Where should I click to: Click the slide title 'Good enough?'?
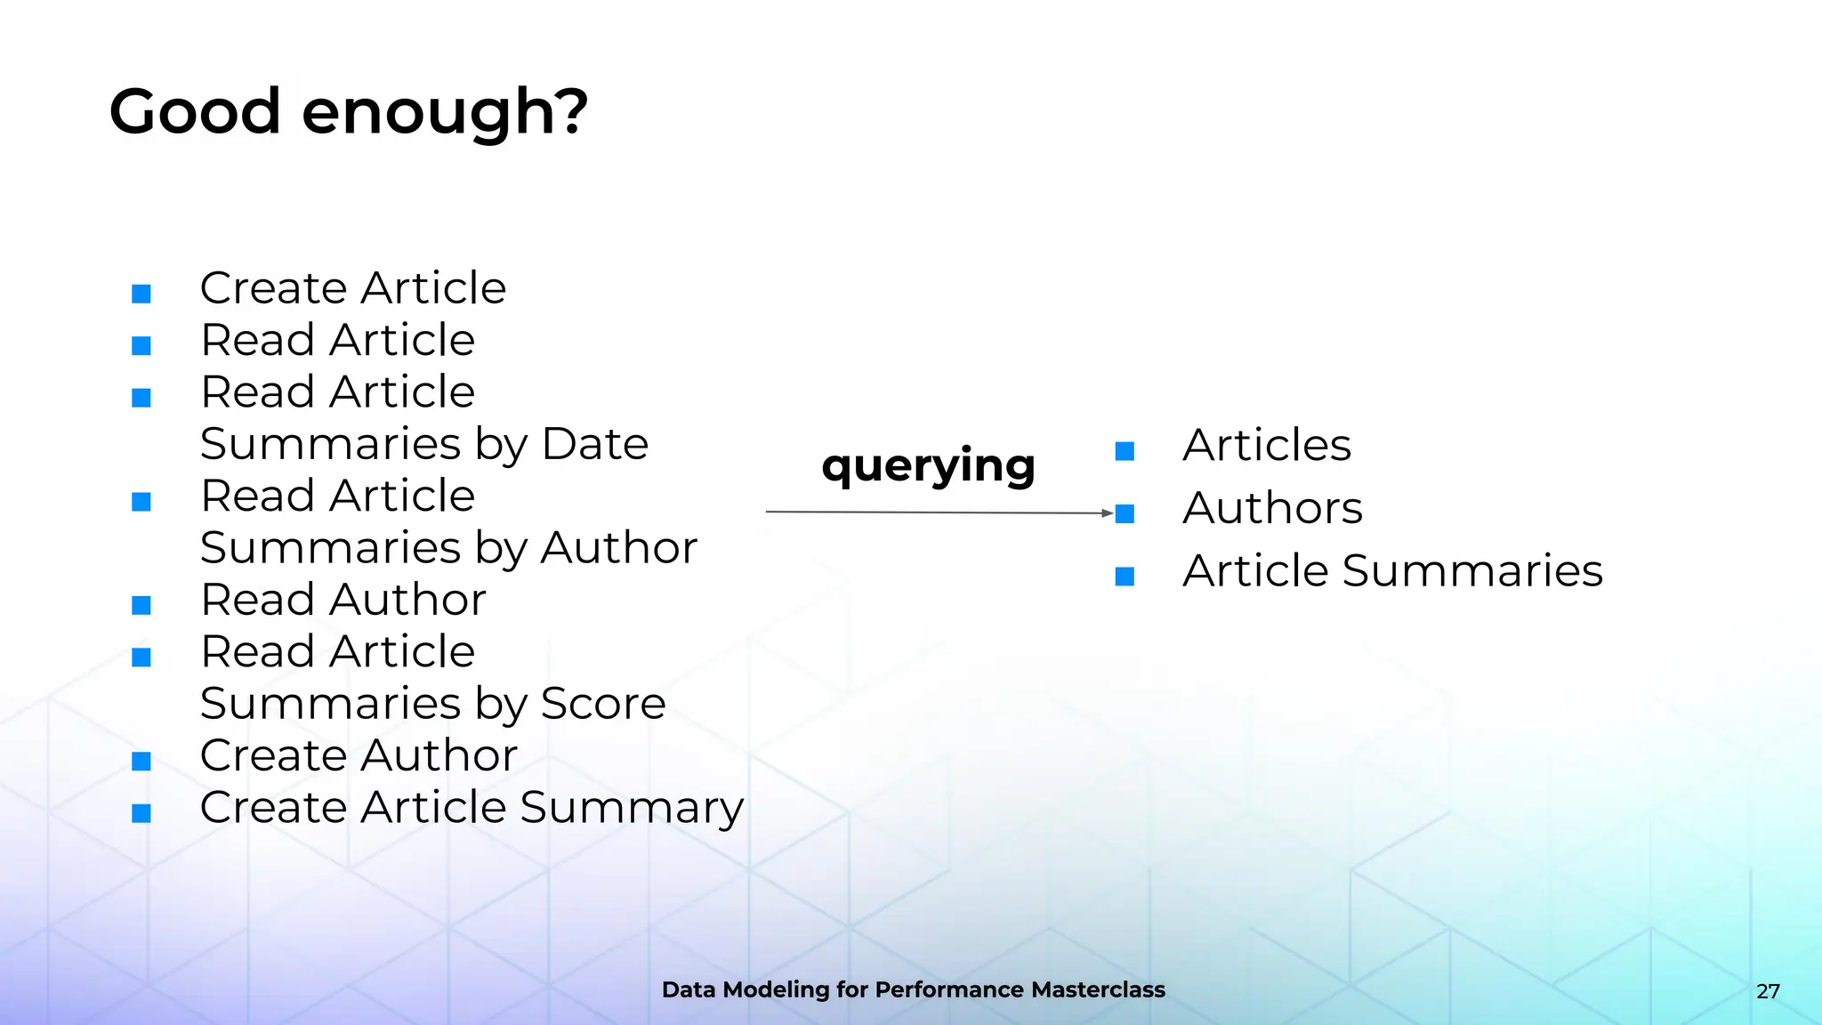click(348, 112)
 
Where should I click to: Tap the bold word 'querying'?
click(928, 465)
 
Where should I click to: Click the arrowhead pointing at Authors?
click(1107, 513)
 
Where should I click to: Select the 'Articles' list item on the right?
click(1266, 445)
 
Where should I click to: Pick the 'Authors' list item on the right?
click(1272, 508)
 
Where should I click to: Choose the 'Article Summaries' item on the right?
click(1392, 570)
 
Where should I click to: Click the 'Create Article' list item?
click(352, 288)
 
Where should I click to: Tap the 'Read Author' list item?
click(343, 600)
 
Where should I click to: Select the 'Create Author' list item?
click(358, 755)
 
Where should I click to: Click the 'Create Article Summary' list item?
click(472, 808)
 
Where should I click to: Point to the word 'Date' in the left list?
click(594, 444)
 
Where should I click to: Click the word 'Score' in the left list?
click(603, 704)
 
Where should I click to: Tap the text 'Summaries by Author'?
click(448, 548)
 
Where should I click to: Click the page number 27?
click(1768, 991)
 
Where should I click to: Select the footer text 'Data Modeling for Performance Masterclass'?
click(913, 989)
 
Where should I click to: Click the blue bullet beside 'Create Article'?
click(141, 294)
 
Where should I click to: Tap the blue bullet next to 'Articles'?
click(1125, 451)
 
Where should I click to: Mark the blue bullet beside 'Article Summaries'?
click(1125, 577)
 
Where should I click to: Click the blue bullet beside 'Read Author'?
click(141, 606)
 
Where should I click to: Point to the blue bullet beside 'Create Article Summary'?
click(141, 813)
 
